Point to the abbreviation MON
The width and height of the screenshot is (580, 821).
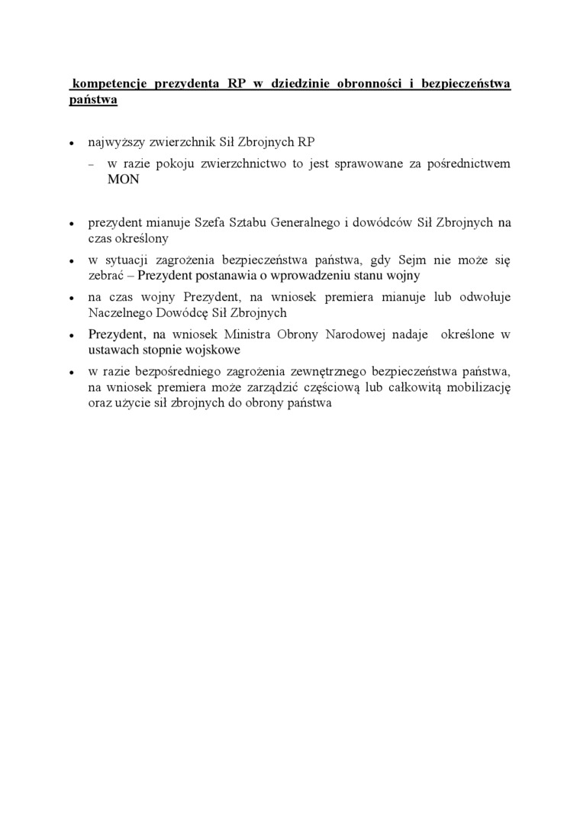coord(124,180)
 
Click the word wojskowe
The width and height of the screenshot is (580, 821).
coord(217,349)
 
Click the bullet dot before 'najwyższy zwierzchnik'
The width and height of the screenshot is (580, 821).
coord(71,144)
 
